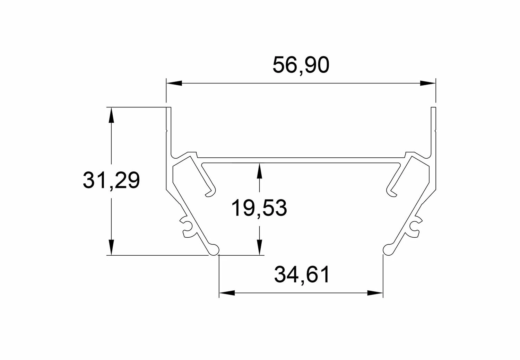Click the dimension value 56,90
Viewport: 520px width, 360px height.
pos(301,65)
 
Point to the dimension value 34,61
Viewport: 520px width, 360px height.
pos(302,275)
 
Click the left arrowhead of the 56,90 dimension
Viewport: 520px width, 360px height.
pos(174,83)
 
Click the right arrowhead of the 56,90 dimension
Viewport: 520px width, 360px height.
pos(428,83)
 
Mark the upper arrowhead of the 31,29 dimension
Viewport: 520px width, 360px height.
pos(111,115)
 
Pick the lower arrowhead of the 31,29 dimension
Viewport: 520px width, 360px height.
pos(111,247)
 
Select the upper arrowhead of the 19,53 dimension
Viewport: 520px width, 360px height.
pos(259,171)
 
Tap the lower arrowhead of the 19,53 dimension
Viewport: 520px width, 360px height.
pos(259,247)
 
